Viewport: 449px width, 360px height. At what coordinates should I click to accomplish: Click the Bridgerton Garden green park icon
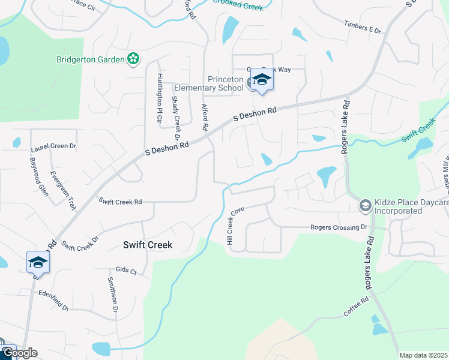pyautogui.click(x=133, y=59)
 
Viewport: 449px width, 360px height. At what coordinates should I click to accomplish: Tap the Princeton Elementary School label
pyautogui.click(x=225, y=83)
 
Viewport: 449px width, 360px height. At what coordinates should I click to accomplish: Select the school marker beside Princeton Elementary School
pyautogui.click(x=262, y=80)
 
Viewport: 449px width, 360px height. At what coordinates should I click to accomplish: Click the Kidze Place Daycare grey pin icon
pyautogui.click(x=364, y=206)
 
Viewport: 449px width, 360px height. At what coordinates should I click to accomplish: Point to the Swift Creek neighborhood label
pyautogui.click(x=148, y=245)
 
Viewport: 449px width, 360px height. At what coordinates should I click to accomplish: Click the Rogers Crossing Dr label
pyautogui.click(x=338, y=227)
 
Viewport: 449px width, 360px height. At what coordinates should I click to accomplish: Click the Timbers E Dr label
pyautogui.click(x=363, y=27)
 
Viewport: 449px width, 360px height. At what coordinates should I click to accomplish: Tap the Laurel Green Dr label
pyautogui.click(x=53, y=146)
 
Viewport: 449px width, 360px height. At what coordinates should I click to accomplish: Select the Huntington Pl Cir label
pyautogui.click(x=160, y=98)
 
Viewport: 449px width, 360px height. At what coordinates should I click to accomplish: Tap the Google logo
pyautogui.click(x=19, y=353)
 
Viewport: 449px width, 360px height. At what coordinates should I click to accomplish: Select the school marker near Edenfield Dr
pyautogui.click(x=38, y=262)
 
